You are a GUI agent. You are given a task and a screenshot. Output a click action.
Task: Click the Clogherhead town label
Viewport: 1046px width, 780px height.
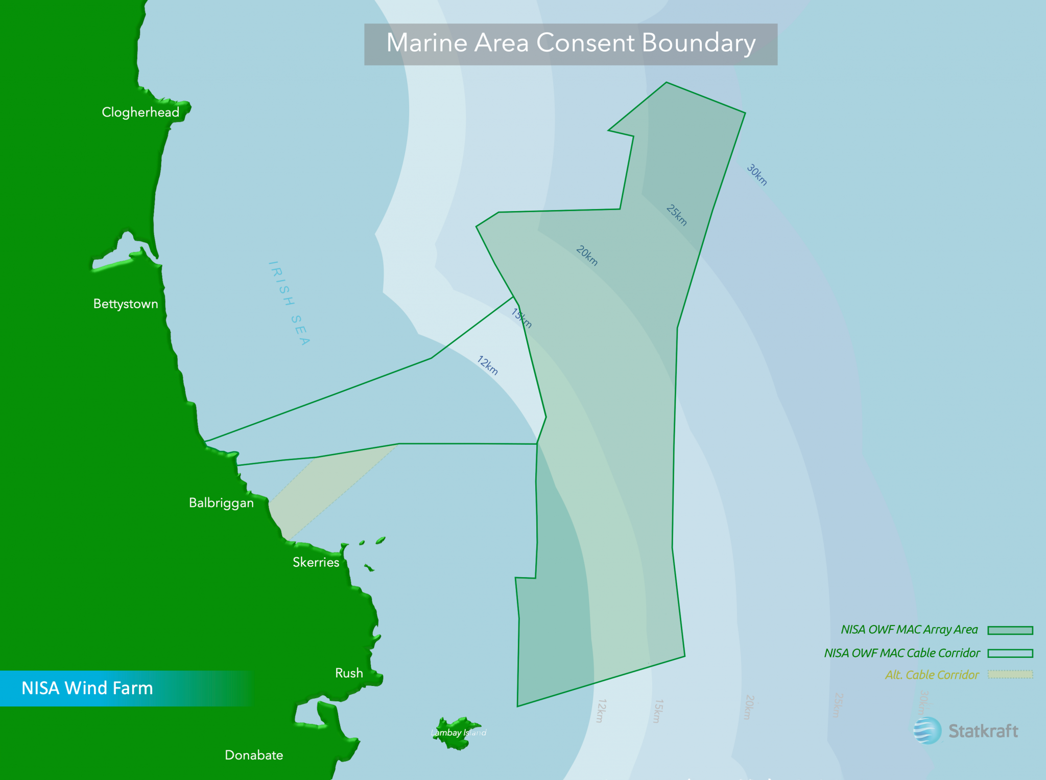click(x=140, y=112)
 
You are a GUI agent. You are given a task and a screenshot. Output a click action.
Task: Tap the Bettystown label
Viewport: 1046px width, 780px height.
click(x=126, y=304)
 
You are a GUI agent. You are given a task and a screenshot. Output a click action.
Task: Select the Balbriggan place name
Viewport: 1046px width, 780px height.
click(x=221, y=503)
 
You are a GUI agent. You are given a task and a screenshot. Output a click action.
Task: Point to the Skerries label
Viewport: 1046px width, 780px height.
click(x=316, y=562)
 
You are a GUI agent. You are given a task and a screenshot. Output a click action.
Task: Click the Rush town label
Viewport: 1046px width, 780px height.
click(x=349, y=673)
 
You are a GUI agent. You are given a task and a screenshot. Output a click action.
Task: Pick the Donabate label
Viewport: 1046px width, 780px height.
click(x=254, y=755)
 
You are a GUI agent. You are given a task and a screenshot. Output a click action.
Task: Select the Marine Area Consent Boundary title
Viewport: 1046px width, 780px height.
click(x=570, y=43)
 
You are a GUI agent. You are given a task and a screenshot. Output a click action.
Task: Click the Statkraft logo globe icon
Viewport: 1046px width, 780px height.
click(x=927, y=730)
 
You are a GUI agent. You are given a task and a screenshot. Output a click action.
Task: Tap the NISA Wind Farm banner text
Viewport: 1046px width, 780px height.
click(x=87, y=688)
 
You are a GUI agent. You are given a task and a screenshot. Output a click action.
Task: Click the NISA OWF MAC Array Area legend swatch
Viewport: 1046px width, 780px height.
click(x=1010, y=630)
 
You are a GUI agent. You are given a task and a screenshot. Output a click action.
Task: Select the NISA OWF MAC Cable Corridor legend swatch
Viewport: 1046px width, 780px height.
click(x=1010, y=653)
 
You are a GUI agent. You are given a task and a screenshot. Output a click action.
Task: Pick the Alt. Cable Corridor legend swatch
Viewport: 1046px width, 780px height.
click(x=1010, y=675)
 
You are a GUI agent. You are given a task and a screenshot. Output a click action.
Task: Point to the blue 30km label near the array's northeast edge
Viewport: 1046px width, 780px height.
click(x=757, y=175)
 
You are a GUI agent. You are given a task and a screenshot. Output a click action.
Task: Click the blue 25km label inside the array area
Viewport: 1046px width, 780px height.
click(x=677, y=215)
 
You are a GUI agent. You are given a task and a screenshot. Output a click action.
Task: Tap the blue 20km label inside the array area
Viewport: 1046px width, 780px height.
click(x=587, y=256)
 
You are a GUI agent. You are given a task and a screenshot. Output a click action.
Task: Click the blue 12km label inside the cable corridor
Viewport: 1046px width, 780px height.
click(x=487, y=365)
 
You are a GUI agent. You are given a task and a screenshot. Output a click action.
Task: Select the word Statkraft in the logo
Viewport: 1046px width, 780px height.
click(x=983, y=731)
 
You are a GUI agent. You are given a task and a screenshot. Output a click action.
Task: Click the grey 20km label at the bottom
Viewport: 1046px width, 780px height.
click(x=749, y=707)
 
